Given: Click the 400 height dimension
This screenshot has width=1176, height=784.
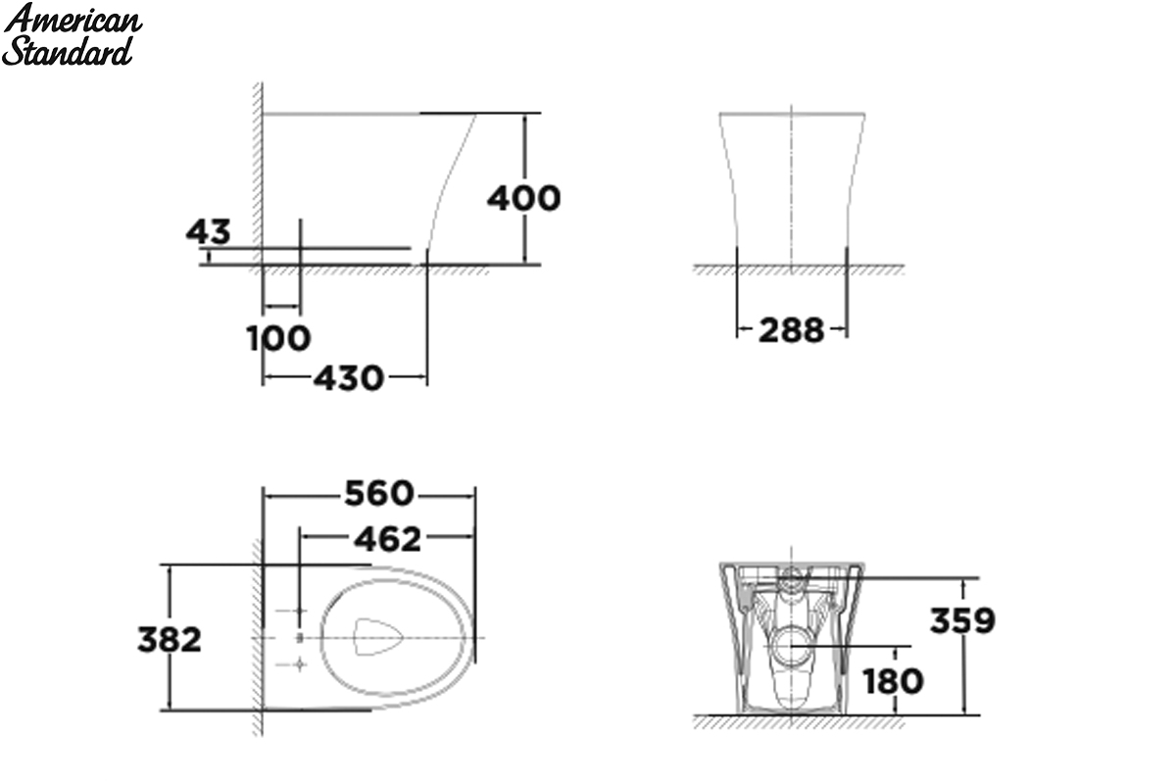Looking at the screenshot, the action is click(524, 199).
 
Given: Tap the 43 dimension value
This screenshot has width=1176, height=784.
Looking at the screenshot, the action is click(208, 231).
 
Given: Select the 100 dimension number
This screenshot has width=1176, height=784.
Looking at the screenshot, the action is click(278, 338).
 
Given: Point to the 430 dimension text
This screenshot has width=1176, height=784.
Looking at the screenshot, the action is click(349, 377).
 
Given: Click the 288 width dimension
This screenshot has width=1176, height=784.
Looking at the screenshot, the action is click(791, 330).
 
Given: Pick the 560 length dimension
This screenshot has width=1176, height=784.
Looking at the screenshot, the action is click(379, 493).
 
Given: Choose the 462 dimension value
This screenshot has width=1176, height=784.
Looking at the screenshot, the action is click(387, 539).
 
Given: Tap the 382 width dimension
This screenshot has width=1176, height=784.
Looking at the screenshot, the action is click(169, 639).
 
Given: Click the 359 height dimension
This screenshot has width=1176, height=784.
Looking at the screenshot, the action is click(962, 620).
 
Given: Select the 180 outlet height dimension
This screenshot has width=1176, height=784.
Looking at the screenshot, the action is click(893, 681).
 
